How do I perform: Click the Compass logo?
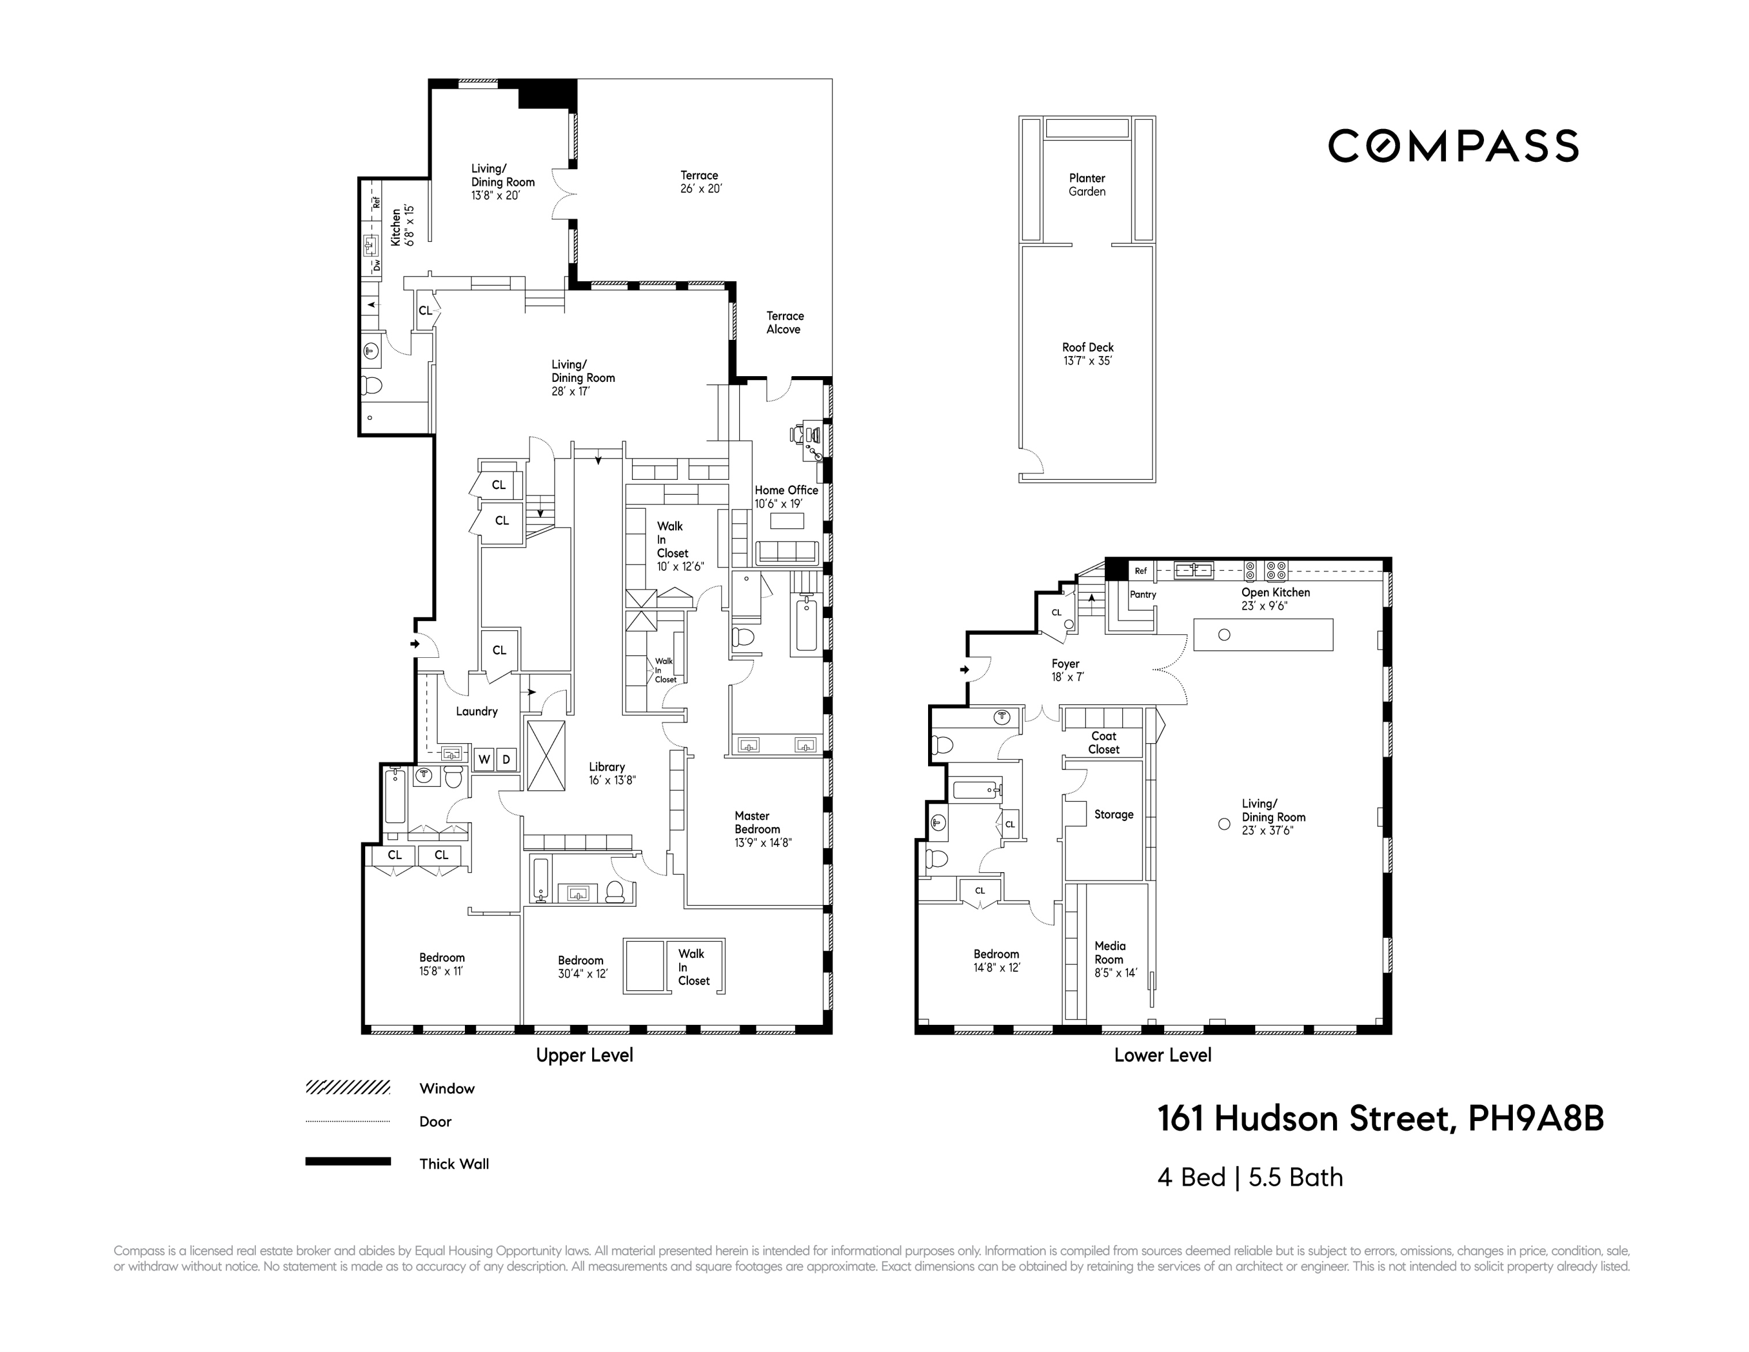coord(1453,146)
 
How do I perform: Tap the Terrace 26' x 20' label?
coord(700,182)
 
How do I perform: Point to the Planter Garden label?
coord(1086,185)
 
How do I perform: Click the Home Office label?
coord(786,497)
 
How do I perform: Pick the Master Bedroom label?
coord(762,829)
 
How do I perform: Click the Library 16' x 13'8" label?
coord(611,774)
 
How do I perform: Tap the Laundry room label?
coord(476,711)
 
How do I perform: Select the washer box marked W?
coord(484,759)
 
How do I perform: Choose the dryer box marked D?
coord(506,759)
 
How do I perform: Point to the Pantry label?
coord(1143,594)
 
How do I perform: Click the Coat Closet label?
coord(1104,743)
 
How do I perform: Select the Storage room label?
coord(1113,815)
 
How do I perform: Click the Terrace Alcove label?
coord(784,323)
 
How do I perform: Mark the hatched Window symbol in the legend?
coord(347,1088)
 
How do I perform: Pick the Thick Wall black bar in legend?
coord(347,1161)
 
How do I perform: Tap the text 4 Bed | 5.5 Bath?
coord(1250,1177)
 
